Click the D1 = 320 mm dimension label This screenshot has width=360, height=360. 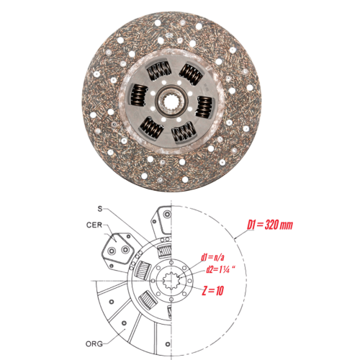(270, 225)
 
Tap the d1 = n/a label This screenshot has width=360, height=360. (212, 258)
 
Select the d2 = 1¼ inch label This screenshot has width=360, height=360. (220, 270)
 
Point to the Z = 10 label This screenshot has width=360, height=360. (213, 291)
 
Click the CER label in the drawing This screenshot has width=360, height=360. (94, 225)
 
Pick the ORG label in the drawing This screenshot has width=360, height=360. (94, 344)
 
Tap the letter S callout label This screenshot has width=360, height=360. (100, 209)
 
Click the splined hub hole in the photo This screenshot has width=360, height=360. (171, 102)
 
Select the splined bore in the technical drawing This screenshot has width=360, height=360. (171, 281)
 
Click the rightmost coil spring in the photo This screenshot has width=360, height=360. (204, 107)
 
